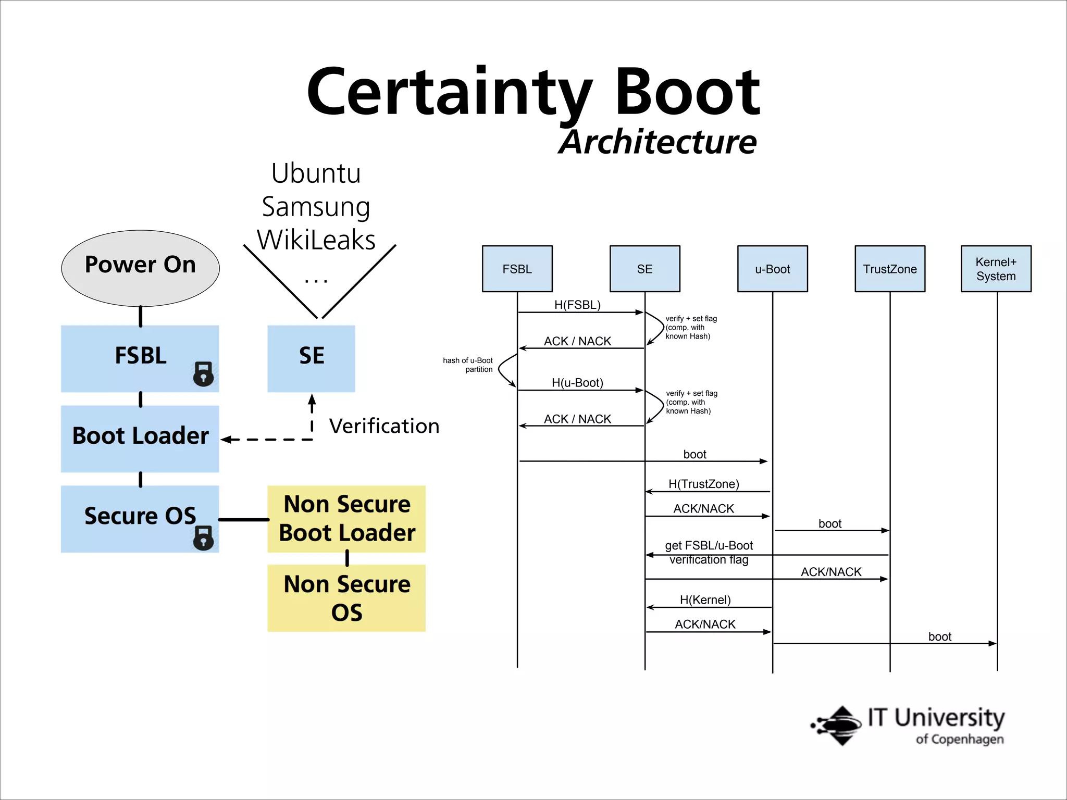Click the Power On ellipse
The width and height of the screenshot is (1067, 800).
pyautogui.click(x=140, y=268)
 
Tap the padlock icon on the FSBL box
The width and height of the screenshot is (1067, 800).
pyautogui.click(x=203, y=373)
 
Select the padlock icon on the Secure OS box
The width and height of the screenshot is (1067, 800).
pyautogui.click(x=203, y=537)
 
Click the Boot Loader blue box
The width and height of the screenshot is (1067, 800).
pyautogui.click(x=140, y=439)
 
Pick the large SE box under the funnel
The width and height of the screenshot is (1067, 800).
pyautogui.click(x=311, y=358)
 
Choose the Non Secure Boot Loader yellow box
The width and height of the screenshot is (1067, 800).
pyautogui.click(x=346, y=519)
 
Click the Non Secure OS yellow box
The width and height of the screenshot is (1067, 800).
pyautogui.click(x=346, y=598)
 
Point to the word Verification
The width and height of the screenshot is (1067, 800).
pyautogui.click(x=384, y=426)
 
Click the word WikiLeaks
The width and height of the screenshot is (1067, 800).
pyautogui.click(x=316, y=240)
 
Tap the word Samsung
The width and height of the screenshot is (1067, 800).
pyautogui.click(x=316, y=207)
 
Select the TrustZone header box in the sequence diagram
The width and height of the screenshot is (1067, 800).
pyautogui.click(x=889, y=269)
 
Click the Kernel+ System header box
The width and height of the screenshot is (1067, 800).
pyautogui.click(x=996, y=269)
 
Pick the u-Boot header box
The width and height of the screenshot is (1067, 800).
pyautogui.click(x=772, y=269)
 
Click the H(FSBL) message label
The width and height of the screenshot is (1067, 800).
pyautogui.click(x=577, y=305)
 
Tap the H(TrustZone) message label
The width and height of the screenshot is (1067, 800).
pyautogui.click(x=704, y=484)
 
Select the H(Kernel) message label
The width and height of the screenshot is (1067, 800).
pyautogui.click(x=705, y=600)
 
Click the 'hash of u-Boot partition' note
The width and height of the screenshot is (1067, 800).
pyautogui.click(x=468, y=365)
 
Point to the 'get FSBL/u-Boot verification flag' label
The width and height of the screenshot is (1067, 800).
pyautogui.click(x=709, y=552)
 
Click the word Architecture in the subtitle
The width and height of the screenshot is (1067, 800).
pyautogui.click(x=657, y=142)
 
